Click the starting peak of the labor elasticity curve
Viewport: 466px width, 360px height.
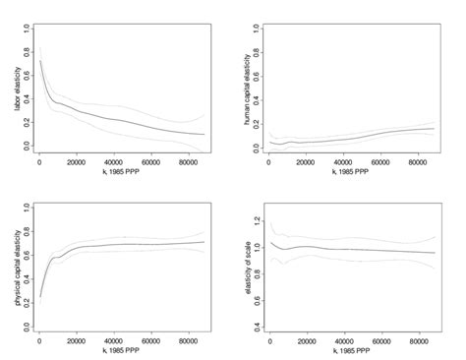pyautogui.click(x=41, y=61)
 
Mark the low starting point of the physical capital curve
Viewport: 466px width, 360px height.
pyautogui.click(x=41, y=295)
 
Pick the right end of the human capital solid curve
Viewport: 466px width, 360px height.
pyautogui.click(x=434, y=128)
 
